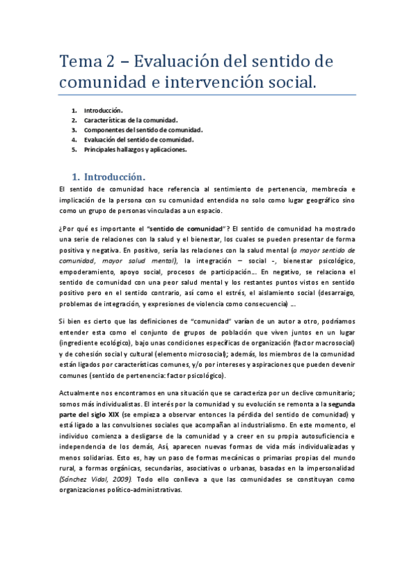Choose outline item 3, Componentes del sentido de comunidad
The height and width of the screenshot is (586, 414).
143,129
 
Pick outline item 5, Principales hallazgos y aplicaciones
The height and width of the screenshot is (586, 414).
135,149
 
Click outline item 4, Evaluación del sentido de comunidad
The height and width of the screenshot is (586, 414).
138,139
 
